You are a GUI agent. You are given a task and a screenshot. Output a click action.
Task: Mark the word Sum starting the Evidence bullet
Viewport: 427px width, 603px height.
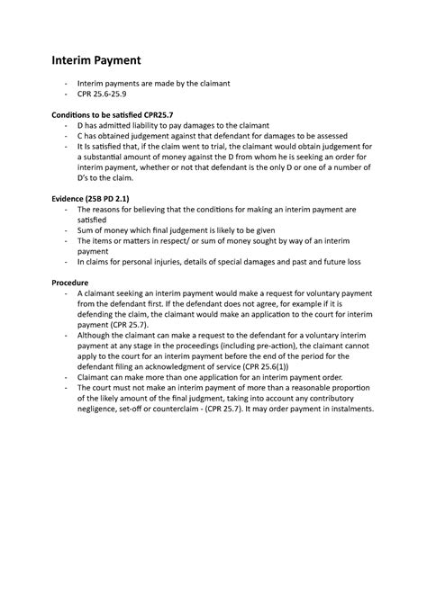[88, 229]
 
